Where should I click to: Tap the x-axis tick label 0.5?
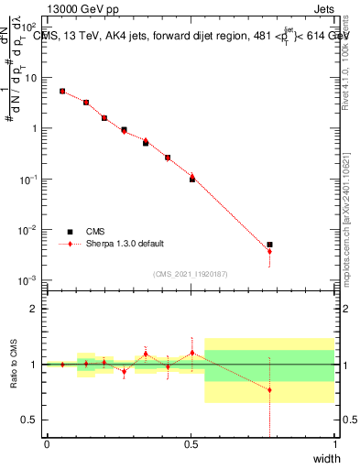pos(191,444)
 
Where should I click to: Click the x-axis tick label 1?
pos(334,444)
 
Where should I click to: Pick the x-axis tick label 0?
pos(47,444)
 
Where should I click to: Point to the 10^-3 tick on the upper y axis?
pos(29,279)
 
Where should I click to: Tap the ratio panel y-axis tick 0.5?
pos(33,420)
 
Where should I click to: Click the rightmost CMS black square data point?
pos(269,245)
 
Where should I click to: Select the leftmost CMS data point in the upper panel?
pos(62,91)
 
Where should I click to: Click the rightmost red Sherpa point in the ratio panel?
pos(269,390)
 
